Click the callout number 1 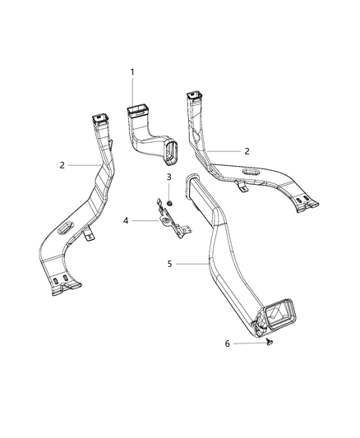pos(132,72)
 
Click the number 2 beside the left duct pos(62,165)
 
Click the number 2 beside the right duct pos(247,151)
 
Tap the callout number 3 pos(168,177)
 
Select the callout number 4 pos(126,220)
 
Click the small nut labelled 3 pos(168,201)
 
